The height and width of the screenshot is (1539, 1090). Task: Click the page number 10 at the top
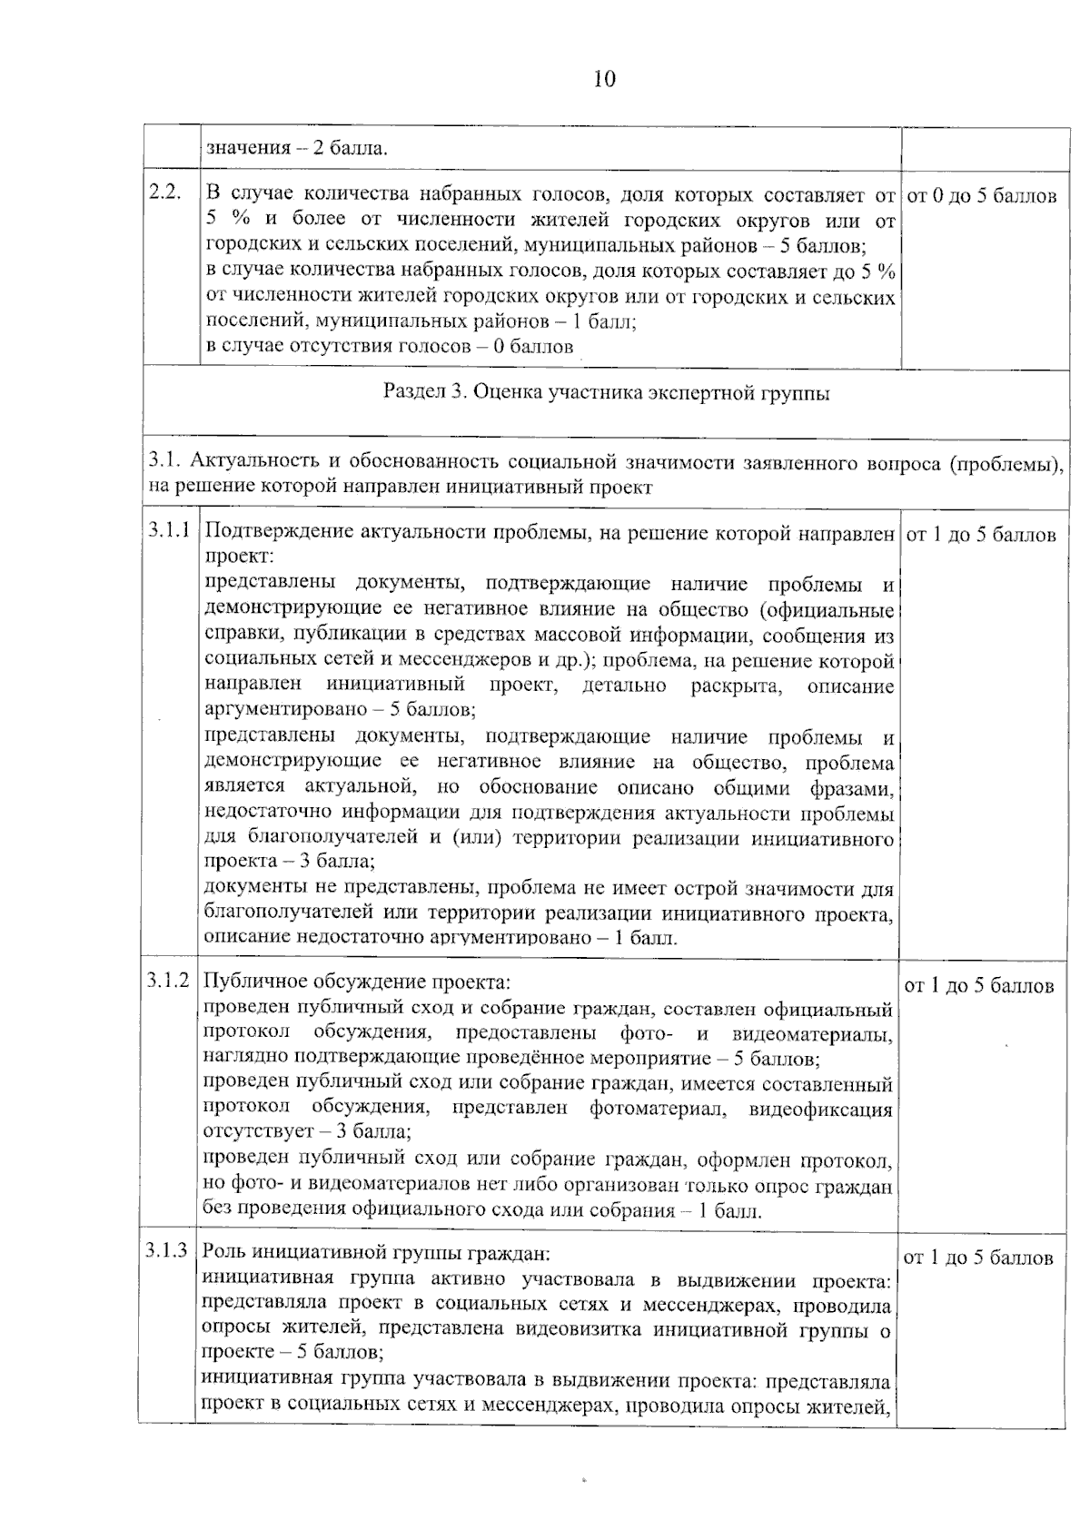coord(604,80)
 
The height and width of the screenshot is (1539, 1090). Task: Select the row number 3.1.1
coord(170,530)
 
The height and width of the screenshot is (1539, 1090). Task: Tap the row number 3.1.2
coord(169,981)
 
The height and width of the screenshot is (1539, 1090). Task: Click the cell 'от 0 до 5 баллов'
coord(982,196)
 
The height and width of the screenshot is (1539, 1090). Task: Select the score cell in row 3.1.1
coord(982,535)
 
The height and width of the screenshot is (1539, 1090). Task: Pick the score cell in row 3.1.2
coord(980,986)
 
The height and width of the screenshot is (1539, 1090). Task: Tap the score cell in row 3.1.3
coord(979,1258)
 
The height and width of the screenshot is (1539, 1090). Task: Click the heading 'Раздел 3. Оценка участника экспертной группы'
coord(606,393)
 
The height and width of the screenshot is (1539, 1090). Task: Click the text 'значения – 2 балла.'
coord(297,148)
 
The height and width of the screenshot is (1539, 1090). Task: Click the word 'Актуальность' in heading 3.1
coord(246,464)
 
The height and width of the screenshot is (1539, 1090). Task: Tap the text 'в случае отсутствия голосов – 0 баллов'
coord(391,346)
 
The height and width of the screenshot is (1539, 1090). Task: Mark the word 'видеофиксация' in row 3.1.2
coord(820,1109)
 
